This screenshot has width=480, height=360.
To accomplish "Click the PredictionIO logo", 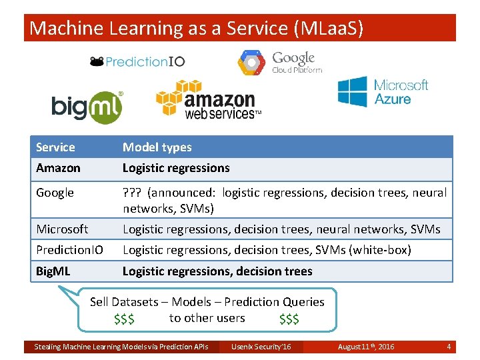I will tap(137, 61).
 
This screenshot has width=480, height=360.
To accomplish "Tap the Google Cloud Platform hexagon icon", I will tap(251, 62).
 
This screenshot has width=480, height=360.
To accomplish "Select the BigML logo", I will tap(87, 107).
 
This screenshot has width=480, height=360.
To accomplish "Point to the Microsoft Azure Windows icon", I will tap(352, 91).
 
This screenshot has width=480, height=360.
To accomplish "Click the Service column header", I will tap(55, 147).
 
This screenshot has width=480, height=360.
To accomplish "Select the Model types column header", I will tap(157, 147).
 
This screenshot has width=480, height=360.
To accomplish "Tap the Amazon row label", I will tap(58, 168).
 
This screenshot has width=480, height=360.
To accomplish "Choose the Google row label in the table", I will tap(55, 193).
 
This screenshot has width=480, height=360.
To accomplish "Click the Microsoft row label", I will tap(62, 229).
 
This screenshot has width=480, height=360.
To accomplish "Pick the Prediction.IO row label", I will tap(69, 250).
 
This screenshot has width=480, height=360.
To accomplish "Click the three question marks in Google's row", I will tap(132, 193).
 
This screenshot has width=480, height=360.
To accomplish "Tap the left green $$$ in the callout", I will tap(124, 319).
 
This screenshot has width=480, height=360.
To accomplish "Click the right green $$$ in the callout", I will tap(289, 319).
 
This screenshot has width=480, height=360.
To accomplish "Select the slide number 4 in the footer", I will tap(449, 347).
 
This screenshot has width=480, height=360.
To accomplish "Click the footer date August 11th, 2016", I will tap(366, 347).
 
